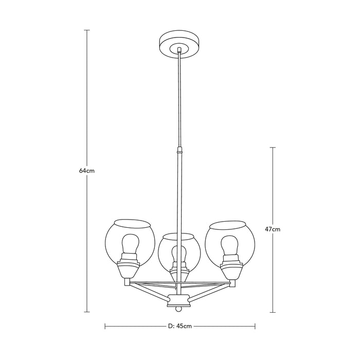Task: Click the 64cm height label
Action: click(x=87, y=171)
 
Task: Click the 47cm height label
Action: click(x=273, y=230)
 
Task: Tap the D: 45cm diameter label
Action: click(x=179, y=326)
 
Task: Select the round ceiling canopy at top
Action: click(x=178, y=44)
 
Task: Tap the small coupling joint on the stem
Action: click(x=179, y=152)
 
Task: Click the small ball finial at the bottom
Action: click(x=178, y=310)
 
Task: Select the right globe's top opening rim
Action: click(x=227, y=224)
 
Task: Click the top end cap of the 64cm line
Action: click(x=87, y=30)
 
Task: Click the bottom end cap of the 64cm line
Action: click(x=87, y=312)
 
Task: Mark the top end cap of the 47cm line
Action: click(x=273, y=148)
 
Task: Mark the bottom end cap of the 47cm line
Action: click(x=273, y=312)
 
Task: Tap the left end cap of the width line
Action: click(x=105, y=326)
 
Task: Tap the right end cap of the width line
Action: click(x=255, y=326)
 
